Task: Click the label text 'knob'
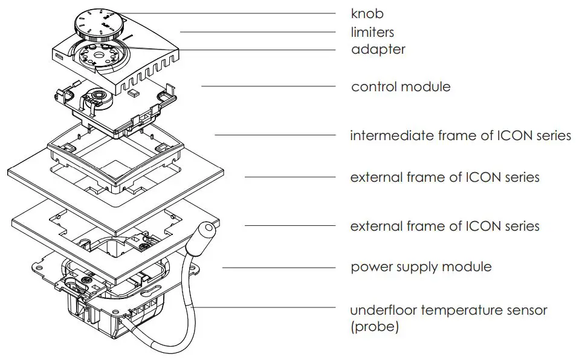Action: click(367, 13)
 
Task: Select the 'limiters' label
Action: click(373, 31)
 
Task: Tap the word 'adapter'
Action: click(378, 50)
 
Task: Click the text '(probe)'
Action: click(375, 327)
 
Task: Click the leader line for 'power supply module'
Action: click(279, 267)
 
